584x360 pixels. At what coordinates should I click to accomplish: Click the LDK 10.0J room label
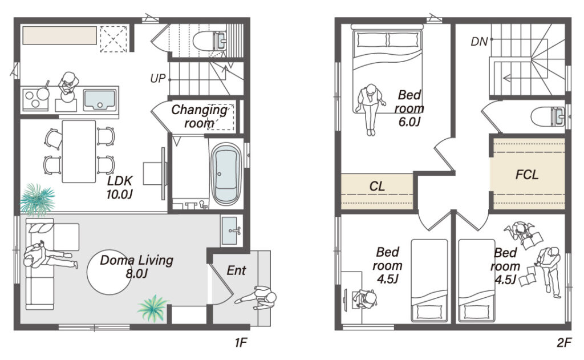coord(120,188)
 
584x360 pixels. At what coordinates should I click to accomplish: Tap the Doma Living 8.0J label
coord(137,266)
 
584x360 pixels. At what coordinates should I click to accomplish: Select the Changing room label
coord(199,116)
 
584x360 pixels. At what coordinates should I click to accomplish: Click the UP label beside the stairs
coord(157,78)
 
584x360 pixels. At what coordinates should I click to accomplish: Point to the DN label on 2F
coord(479,42)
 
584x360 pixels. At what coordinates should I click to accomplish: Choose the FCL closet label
coord(526,175)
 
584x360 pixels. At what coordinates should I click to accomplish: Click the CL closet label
coord(377,187)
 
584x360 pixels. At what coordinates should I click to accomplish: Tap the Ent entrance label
coord(236,270)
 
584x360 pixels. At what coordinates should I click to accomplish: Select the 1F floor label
coord(241,342)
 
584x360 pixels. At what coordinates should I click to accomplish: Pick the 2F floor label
coord(564,342)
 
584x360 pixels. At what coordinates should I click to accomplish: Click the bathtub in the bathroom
coord(226,174)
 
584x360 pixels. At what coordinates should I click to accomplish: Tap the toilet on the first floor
coord(209,41)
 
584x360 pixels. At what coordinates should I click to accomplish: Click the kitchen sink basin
coord(99,99)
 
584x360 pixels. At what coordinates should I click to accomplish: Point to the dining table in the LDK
coord(79,151)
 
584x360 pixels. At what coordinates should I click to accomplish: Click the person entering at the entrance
coord(257,297)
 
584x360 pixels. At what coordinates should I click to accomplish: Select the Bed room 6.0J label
coord(409,108)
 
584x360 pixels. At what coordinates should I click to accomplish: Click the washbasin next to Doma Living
coord(231,230)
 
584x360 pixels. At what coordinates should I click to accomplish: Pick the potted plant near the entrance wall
coord(153,308)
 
